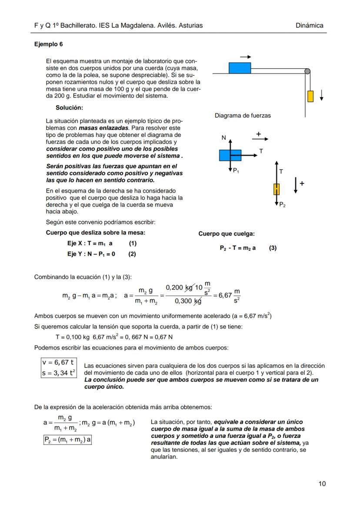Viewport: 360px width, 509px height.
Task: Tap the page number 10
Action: [322, 483]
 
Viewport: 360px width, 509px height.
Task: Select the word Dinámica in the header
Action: [309, 26]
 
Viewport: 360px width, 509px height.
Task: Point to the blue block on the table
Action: [240, 68]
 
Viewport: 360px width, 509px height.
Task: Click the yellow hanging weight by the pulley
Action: [310, 96]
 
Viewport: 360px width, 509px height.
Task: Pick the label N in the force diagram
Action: [223, 138]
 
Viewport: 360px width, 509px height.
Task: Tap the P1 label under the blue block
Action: [236, 171]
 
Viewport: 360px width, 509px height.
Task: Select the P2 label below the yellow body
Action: [282, 204]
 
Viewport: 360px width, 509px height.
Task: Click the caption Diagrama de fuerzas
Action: [243, 116]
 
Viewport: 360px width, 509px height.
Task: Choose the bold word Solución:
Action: [70, 107]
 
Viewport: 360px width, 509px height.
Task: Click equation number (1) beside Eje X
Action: [133, 244]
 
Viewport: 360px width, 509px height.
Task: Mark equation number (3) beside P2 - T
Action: [273, 248]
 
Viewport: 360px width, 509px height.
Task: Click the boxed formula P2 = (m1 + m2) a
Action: [67, 439]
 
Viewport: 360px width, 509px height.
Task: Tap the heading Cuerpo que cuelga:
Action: [227, 234]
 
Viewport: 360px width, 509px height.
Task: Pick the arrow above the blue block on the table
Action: [246, 57]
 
